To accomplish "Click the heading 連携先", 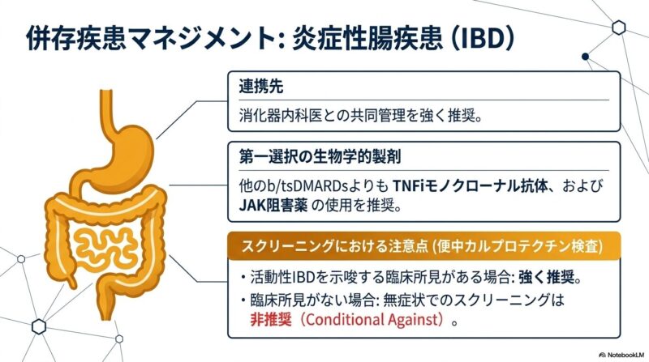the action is [x=261, y=87].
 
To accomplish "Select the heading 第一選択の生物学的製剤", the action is [x=320, y=157].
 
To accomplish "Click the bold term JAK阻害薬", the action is [x=273, y=206].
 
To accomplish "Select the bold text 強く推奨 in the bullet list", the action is [x=546, y=277].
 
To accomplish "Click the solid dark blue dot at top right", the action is [x=585, y=57].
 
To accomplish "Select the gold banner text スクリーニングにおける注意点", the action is [x=334, y=246].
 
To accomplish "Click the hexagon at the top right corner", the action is [x=618, y=28].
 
